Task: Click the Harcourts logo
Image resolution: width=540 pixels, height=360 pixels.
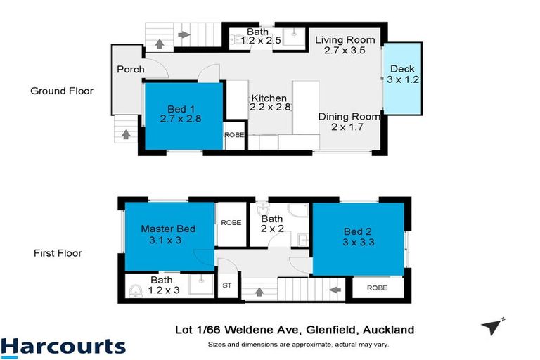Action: pos(63,346)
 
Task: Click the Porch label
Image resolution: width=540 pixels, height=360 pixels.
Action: pos(131,70)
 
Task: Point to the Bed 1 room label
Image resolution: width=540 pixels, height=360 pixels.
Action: pos(181,114)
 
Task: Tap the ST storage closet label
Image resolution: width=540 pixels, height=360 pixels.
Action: pos(226,285)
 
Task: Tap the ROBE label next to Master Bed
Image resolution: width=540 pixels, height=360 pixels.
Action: pos(231,222)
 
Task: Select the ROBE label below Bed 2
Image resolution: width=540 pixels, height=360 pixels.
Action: pos(378,287)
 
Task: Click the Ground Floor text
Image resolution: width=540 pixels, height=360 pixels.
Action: pos(61,91)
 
